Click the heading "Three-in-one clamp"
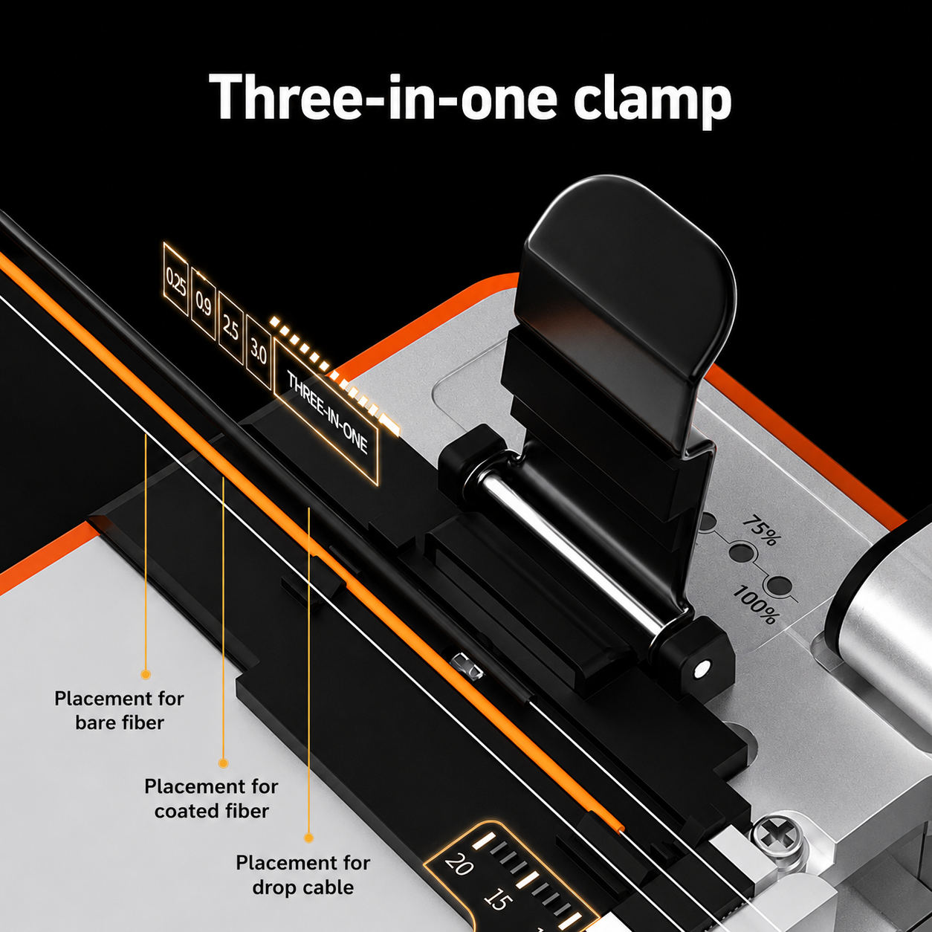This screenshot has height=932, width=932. click(470, 97)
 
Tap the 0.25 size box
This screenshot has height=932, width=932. click(175, 279)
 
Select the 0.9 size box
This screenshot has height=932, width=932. click(203, 302)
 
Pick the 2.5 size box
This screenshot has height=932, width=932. click(230, 328)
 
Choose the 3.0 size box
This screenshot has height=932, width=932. click(259, 352)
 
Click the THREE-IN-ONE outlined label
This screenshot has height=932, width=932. click(326, 412)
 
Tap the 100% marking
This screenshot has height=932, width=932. click(755, 604)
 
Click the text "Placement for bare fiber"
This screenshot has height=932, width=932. click(119, 711)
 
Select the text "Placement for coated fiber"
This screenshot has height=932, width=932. click(211, 799)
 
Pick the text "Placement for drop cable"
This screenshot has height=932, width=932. click(302, 876)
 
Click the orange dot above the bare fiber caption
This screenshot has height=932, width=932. click(146, 674)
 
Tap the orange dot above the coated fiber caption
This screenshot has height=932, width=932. click(223, 763)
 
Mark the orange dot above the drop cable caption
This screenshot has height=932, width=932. click(308, 838)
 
